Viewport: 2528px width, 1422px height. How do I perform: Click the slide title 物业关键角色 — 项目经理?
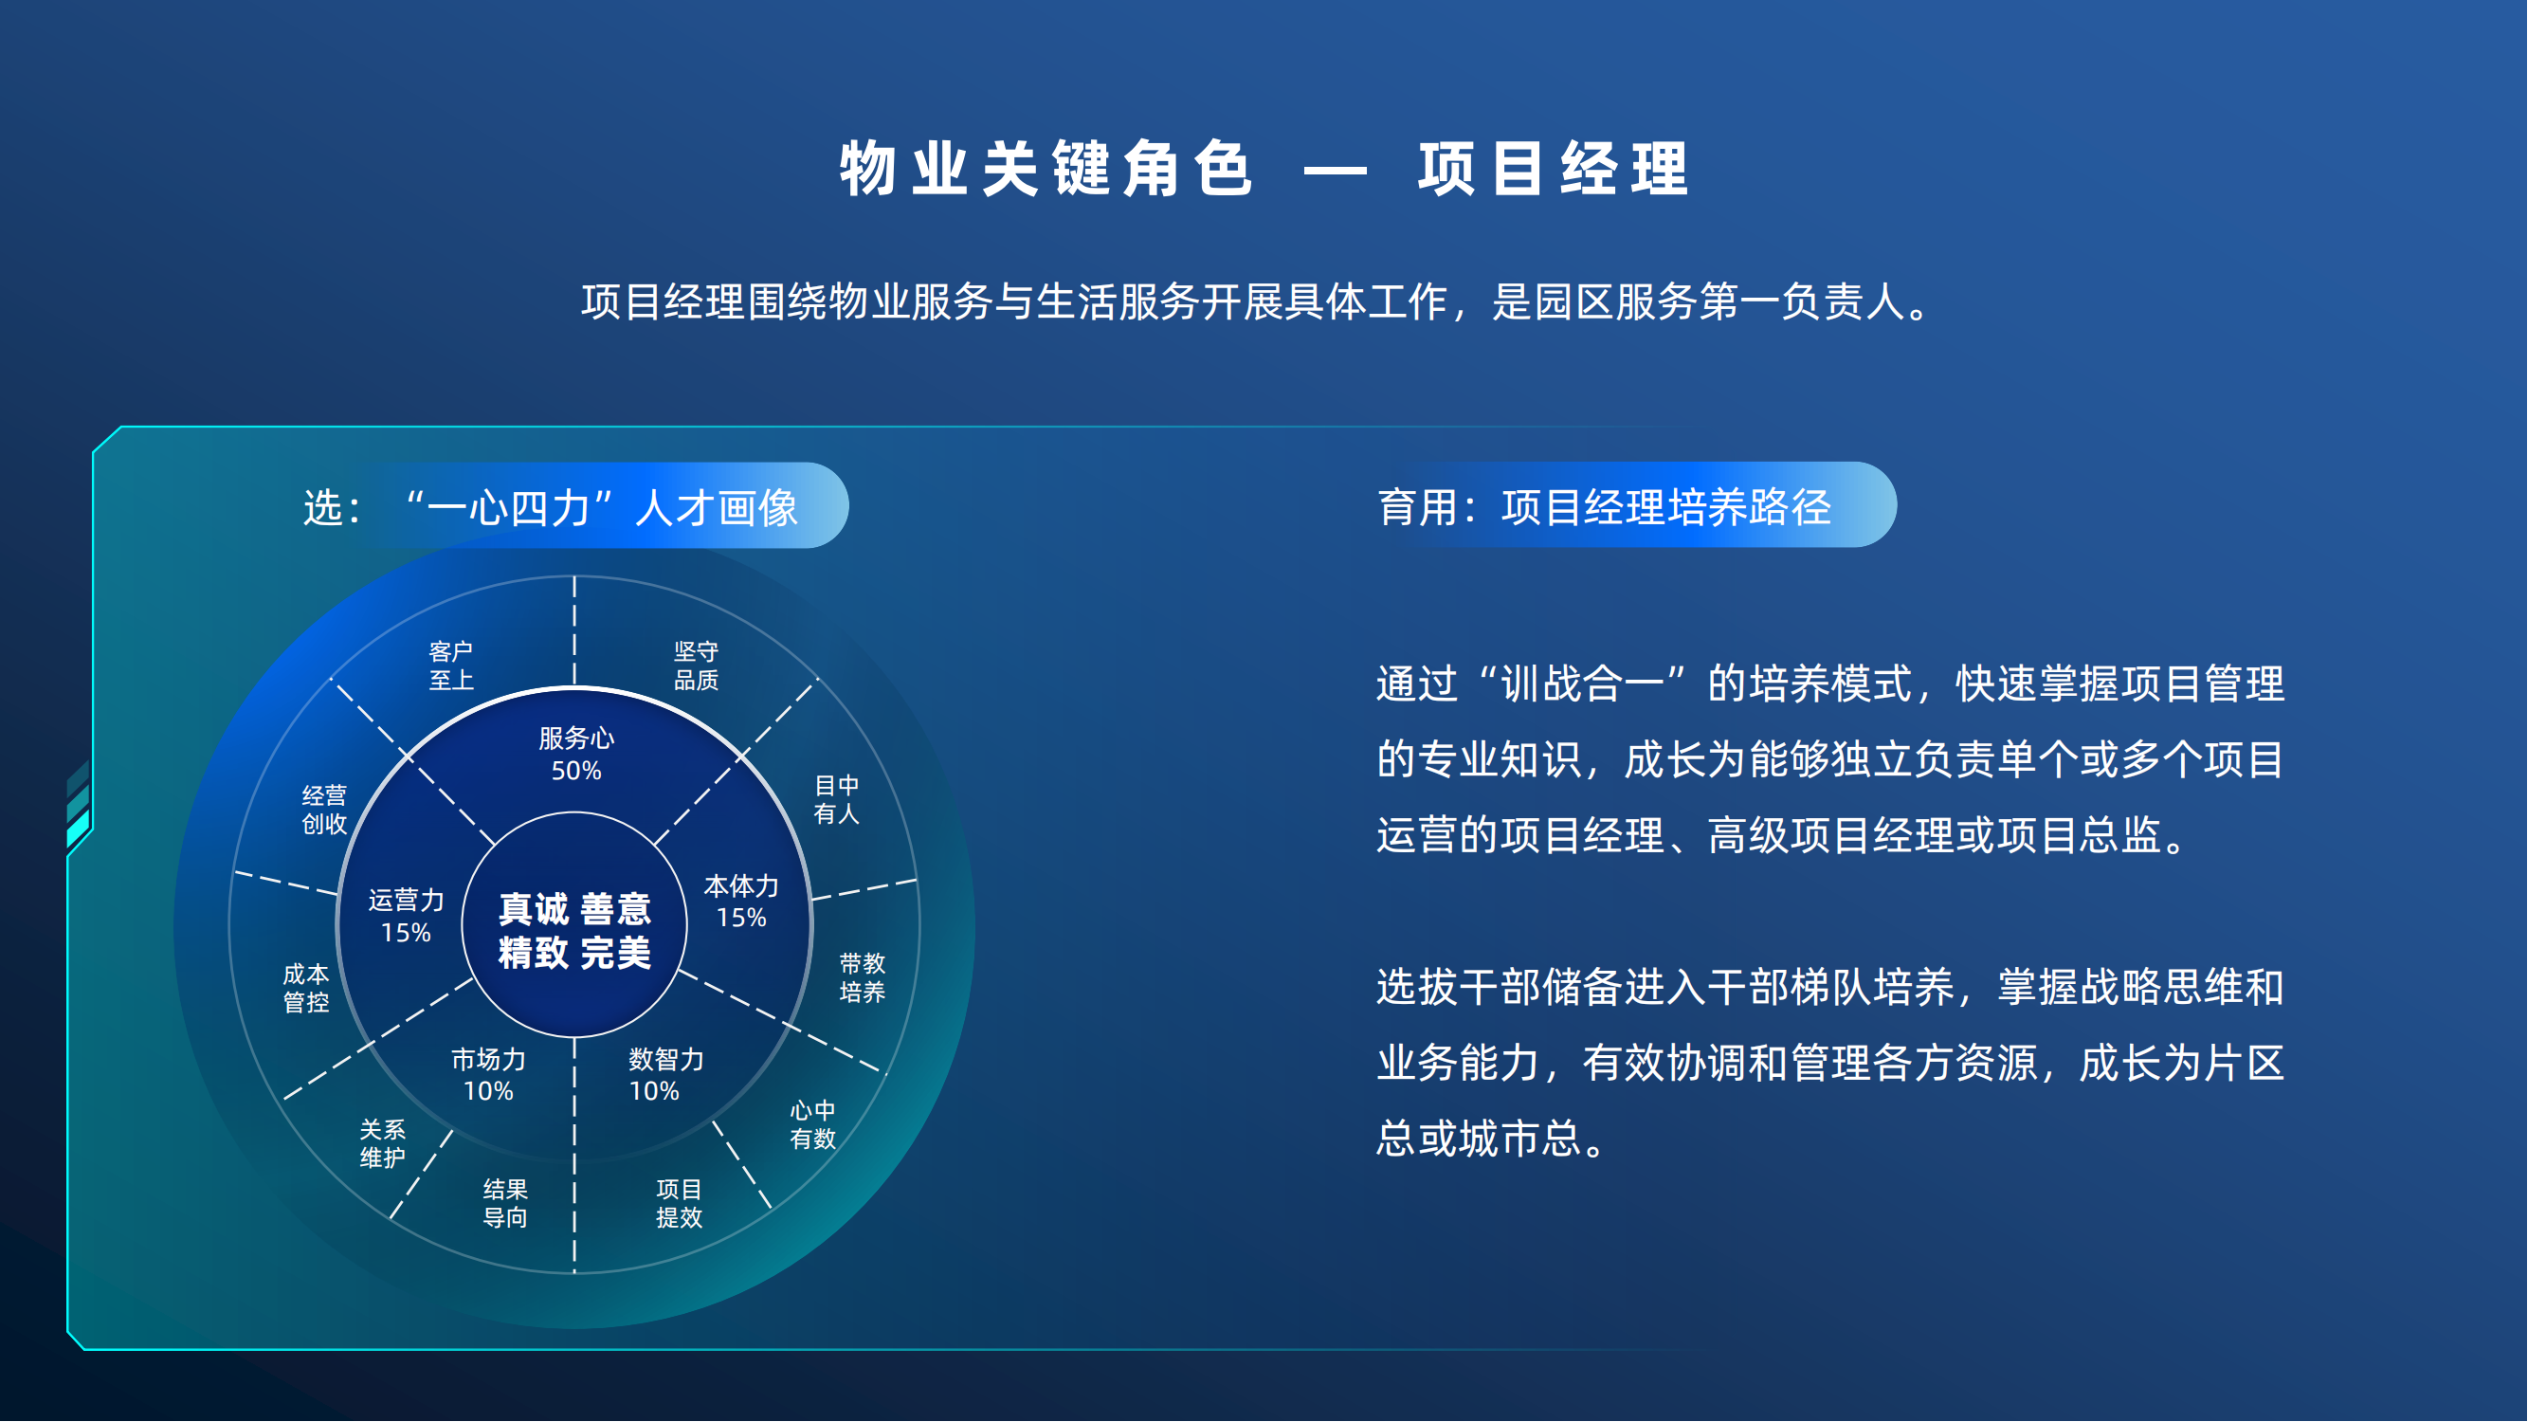1264,169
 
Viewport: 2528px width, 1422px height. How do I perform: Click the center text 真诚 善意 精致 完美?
575,930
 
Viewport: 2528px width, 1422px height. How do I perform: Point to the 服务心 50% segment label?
576,754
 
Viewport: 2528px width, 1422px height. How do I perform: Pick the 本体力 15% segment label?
741,902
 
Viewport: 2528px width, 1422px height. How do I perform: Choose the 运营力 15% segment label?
407,916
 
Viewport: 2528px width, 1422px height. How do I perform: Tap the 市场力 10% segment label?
488,1075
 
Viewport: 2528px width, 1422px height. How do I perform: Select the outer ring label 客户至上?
451,665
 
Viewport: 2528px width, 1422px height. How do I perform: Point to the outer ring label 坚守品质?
696,665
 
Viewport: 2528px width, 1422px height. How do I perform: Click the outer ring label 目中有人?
836,799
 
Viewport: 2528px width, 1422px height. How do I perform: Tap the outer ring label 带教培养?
862,977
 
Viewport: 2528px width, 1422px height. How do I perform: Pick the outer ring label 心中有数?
812,1123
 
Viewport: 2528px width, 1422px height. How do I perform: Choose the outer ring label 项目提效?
679,1203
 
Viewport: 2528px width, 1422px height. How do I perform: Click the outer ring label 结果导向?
505,1203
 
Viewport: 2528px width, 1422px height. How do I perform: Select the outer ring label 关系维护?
383,1143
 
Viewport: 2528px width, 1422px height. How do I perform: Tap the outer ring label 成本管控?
306,988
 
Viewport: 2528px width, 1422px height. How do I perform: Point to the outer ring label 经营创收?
324,810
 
